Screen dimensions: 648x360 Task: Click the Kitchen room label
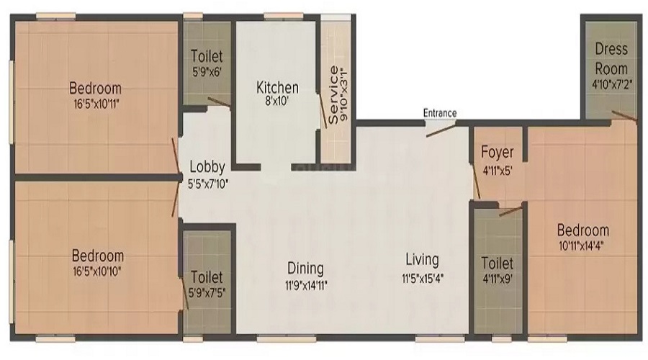pyautogui.click(x=277, y=88)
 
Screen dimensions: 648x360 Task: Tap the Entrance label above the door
pyautogui.click(x=440, y=113)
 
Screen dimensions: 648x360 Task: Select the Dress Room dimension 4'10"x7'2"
pyautogui.click(x=612, y=85)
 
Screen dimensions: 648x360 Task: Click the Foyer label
pyautogui.click(x=497, y=153)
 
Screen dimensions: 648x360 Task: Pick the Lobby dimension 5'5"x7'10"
pyautogui.click(x=208, y=184)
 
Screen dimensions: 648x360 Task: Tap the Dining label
pyautogui.click(x=305, y=269)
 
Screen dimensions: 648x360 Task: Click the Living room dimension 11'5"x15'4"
pyautogui.click(x=423, y=278)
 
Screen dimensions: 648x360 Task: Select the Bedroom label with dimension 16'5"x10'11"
pyautogui.click(x=96, y=88)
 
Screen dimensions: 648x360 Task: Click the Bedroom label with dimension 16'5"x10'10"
pyautogui.click(x=97, y=256)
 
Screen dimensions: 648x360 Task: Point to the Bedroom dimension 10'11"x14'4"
pyautogui.click(x=582, y=246)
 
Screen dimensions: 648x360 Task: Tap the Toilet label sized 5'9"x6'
pyautogui.click(x=207, y=56)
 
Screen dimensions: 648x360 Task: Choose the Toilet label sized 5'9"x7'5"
pyautogui.click(x=207, y=277)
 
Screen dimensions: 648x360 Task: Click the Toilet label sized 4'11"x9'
pyautogui.click(x=497, y=264)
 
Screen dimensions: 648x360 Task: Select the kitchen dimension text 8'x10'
pyautogui.click(x=277, y=101)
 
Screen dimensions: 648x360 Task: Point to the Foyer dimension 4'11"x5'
pyautogui.click(x=497, y=171)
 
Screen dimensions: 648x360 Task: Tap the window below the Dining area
pyautogui.click(x=287, y=338)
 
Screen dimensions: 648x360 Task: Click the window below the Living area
pyautogui.click(x=440, y=338)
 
